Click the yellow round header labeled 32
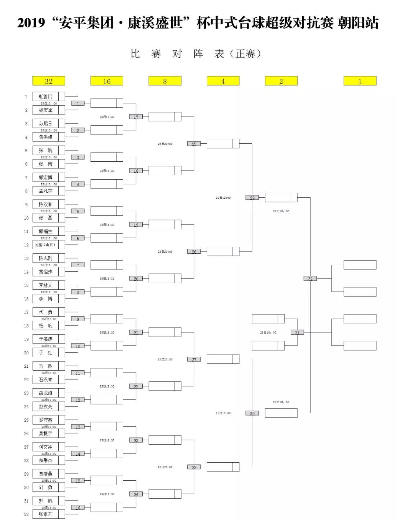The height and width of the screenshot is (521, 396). point(49,81)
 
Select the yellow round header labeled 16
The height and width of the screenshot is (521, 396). point(107,81)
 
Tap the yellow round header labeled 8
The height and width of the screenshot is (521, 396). point(165,81)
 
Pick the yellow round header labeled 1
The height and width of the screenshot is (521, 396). point(360,81)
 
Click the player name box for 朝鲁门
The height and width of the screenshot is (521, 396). point(45,96)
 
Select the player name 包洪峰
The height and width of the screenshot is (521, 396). point(45,137)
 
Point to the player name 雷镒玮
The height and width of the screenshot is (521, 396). point(45,272)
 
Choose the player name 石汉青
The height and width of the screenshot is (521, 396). point(45,379)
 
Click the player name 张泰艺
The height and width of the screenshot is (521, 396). point(45,514)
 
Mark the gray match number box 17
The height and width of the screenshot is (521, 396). point(136,117)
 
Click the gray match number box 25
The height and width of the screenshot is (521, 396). point(194,144)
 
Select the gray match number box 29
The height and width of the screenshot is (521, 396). point(252,198)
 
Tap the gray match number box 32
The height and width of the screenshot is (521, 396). point(310,279)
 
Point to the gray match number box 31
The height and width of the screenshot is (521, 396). point(297,333)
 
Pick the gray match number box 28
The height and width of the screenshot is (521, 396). point(194,467)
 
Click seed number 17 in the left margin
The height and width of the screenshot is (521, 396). point(26,312)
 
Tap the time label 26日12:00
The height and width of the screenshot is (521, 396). point(223,198)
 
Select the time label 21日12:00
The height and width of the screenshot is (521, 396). point(223,414)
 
